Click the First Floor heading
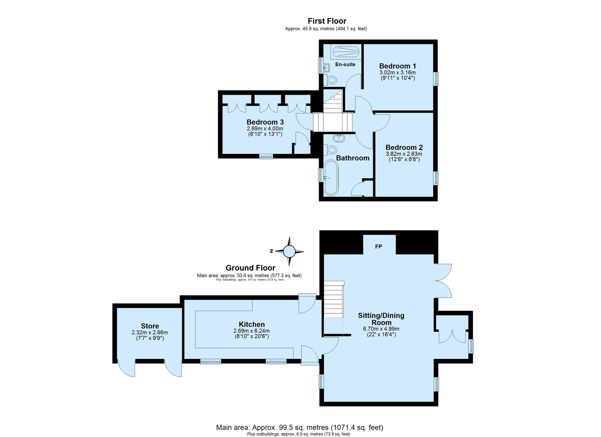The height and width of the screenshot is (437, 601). pyautogui.click(x=327, y=21)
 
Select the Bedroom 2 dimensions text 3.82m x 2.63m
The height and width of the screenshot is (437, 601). pyautogui.click(x=404, y=154)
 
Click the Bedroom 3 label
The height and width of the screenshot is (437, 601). pyautogui.click(x=265, y=122)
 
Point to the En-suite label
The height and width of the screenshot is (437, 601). pyautogui.click(x=345, y=64)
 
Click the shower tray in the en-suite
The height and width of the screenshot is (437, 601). pyautogui.click(x=346, y=52)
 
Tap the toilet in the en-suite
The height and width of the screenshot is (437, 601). pyautogui.click(x=330, y=80)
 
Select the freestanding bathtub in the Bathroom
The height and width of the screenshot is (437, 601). pyautogui.click(x=331, y=178)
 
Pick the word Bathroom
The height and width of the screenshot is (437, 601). pyautogui.click(x=353, y=158)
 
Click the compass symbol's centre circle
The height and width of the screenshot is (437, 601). pyautogui.click(x=289, y=252)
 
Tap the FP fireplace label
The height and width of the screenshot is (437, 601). pyautogui.click(x=378, y=247)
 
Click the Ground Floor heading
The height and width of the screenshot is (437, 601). pyautogui.click(x=250, y=268)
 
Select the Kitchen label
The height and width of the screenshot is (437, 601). pyautogui.click(x=252, y=325)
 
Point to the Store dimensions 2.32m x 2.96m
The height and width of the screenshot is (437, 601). pyautogui.click(x=150, y=333)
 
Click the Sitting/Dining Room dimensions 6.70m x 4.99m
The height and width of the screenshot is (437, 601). pyautogui.click(x=381, y=329)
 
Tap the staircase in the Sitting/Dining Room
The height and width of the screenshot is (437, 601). pyautogui.click(x=334, y=299)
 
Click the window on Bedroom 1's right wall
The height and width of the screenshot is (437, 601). pyautogui.click(x=436, y=79)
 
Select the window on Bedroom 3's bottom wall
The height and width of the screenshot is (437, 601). pyautogui.click(x=266, y=156)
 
